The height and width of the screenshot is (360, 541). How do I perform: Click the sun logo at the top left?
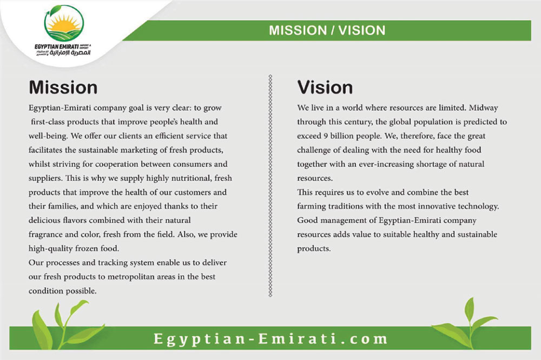click(x=64, y=23)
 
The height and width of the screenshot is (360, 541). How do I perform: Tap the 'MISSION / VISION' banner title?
click(x=327, y=30)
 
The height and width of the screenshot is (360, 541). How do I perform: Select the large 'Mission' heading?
click(x=63, y=88)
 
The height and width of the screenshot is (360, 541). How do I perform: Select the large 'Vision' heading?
click(x=325, y=88)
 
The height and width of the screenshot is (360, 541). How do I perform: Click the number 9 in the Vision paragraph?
click(x=326, y=136)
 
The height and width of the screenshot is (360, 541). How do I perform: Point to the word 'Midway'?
click(x=483, y=108)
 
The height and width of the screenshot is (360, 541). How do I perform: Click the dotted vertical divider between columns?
click(x=270, y=185)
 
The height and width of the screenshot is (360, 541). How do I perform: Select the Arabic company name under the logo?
click(x=70, y=53)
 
